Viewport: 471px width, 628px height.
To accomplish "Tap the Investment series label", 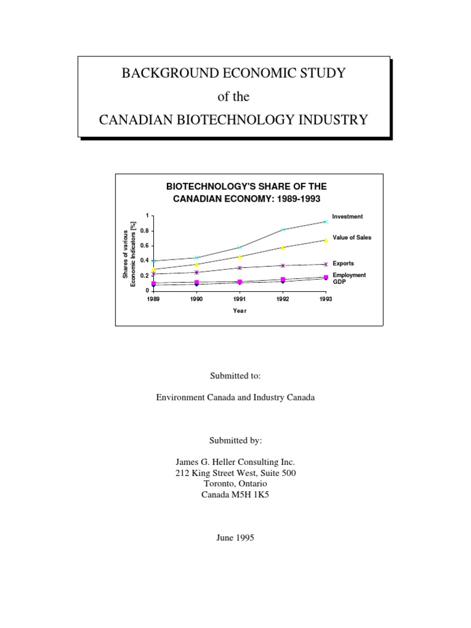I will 347,216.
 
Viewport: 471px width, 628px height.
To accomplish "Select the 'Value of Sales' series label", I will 351,237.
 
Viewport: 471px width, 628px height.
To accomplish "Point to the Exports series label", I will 343,264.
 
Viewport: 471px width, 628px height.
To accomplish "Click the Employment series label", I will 349,275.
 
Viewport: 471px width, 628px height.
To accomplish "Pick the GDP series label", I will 339,281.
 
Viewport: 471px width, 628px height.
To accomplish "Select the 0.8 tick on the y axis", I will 144,231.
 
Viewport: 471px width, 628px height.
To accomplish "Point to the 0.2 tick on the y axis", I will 144,276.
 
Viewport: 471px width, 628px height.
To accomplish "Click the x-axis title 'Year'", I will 240,311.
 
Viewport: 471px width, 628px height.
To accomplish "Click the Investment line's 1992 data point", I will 283,229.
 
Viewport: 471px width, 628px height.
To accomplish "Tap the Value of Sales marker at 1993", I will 326,240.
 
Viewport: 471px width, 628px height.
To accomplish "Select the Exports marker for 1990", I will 196,272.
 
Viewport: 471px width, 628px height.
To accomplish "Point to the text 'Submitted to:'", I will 235,375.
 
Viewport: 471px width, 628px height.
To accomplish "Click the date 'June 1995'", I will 235,538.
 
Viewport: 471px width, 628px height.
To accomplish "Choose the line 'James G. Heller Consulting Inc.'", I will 235,461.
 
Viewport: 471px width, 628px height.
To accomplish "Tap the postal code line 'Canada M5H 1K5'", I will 235,494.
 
